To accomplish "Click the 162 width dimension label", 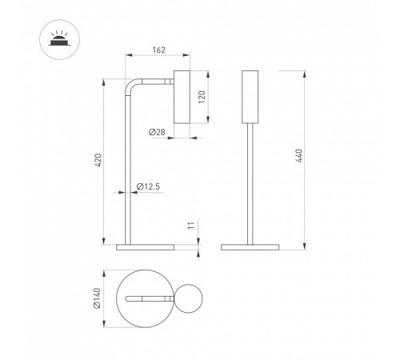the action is click(x=159, y=50).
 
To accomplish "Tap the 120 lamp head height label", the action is click(x=202, y=97).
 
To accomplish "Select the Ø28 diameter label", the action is click(x=157, y=132).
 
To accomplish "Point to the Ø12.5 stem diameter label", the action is click(x=148, y=186).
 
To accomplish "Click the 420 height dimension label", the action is click(x=98, y=160).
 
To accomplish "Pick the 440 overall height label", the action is click(x=299, y=156).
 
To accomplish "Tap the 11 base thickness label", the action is click(x=191, y=226).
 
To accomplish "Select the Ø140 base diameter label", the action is click(x=97, y=298).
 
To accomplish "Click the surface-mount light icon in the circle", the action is click(x=59, y=40).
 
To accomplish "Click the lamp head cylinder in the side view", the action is click(x=182, y=97).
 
